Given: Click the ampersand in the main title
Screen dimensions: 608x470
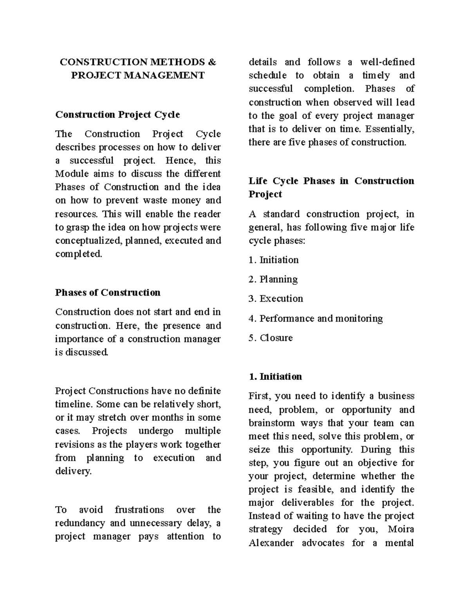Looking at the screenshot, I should click(212, 62).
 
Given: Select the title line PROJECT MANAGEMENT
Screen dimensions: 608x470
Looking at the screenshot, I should click(138, 76).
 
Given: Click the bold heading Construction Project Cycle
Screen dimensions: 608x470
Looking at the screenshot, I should click(117, 115).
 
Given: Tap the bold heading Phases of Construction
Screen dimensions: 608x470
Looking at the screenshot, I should click(108, 293).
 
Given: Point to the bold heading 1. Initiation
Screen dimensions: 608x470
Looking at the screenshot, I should click(275, 377).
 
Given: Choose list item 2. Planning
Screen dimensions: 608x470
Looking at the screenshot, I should click(273, 280).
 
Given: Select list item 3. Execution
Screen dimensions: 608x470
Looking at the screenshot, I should click(276, 299).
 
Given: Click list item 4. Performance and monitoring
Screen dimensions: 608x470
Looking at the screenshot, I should click(315, 318).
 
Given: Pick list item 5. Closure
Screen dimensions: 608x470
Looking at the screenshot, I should click(271, 338).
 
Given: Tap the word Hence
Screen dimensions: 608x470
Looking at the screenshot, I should click(179, 161).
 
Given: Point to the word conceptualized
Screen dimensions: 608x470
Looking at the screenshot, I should click(89, 240).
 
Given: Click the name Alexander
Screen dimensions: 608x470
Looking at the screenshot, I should click(271, 543).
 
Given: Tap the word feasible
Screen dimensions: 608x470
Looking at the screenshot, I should click(316, 489).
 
